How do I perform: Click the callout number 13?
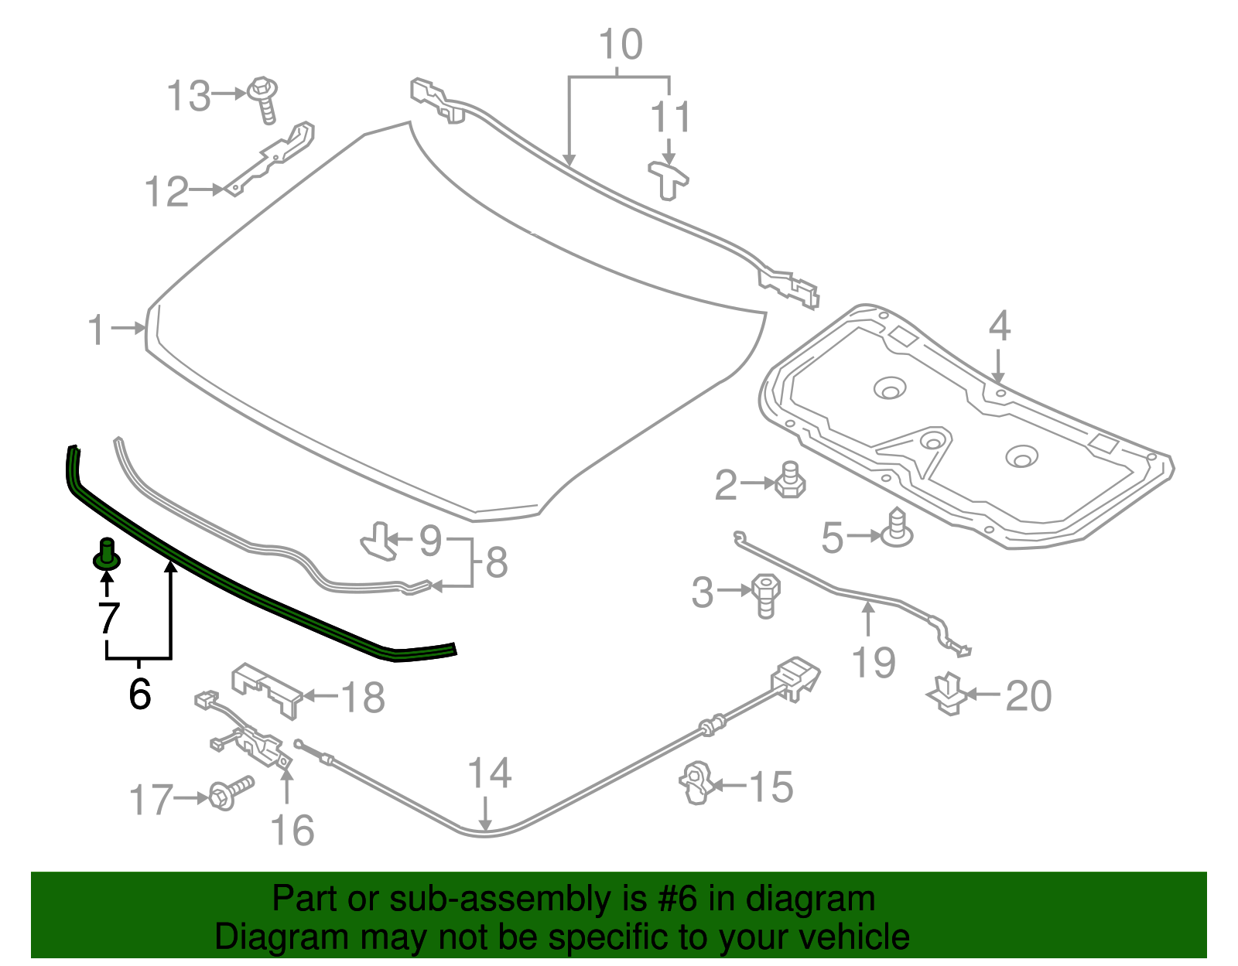pyautogui.click(x=189, y=97)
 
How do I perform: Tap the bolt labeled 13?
pyautogui.click(x=264, y=98)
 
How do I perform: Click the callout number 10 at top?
pyautogui.click(x=621, y=45)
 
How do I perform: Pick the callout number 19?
pyautogui.click(x=874, y=663)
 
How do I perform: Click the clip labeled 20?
pyautogui.click(x=948, y=693)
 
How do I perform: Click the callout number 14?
pyautogui.click(x=490, y=773)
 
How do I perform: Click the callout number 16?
pyautogui.click(x=292, y=831)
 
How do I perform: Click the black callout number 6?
pyautogui.click(x=139, y=693)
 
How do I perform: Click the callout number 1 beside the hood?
pyautogui.click(x=96, y=330)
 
